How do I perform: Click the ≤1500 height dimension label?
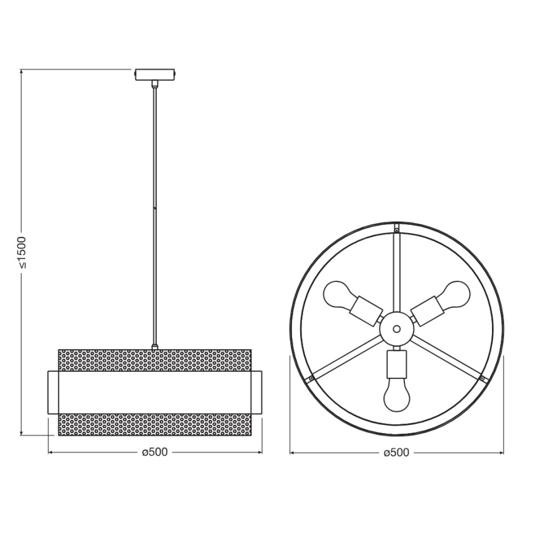click(x=21, y=252)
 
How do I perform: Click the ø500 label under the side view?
click(x=155, y=452)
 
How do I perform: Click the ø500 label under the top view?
click(x=396, y=452)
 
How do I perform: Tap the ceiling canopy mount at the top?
click(x=155, y=74)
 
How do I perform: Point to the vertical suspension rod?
click(x=155, y=213)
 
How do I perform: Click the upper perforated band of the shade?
click(x=155, y=360)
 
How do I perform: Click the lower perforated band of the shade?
click(x=155, y=424)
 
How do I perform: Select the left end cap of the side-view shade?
click(x=54, y=392)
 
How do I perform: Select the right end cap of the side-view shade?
click(x=257, y=392)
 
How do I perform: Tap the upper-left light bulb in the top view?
click(x=338, y=294)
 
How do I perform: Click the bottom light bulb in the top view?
click(x=397, y=394)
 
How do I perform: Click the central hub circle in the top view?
click(x=397, y=327)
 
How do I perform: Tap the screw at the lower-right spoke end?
click(x=481, y=379)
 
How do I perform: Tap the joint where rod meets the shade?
click(x=155, y=346)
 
